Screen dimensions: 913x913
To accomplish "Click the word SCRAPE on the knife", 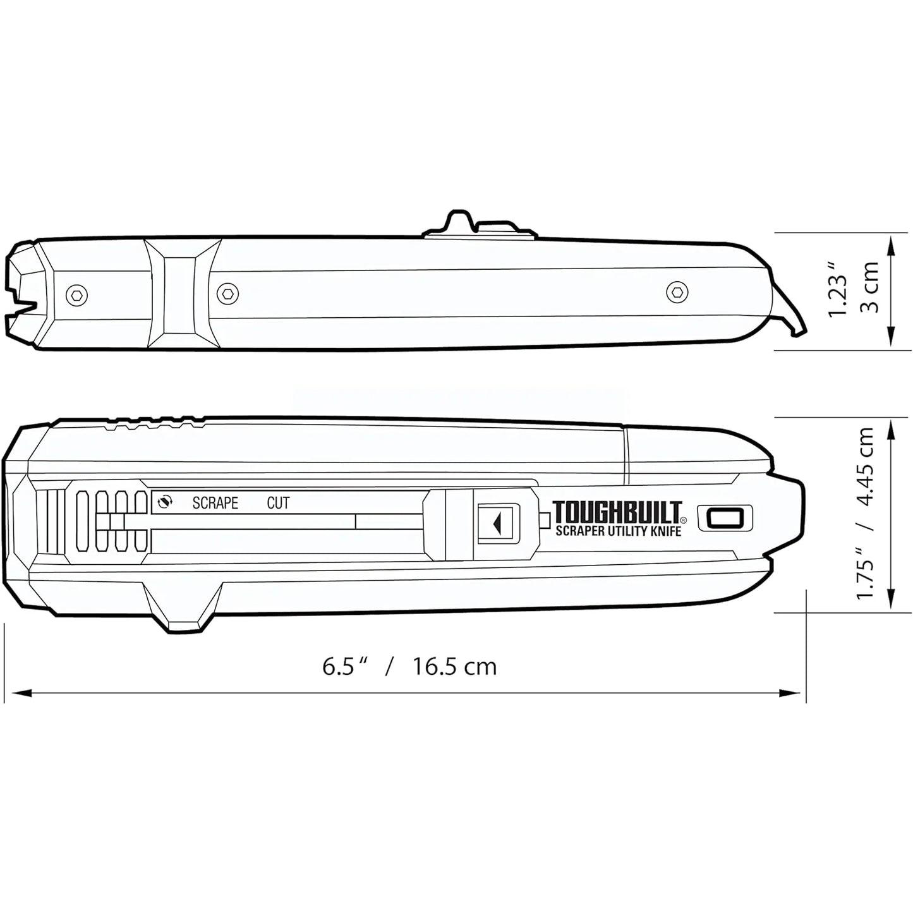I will pyautogui.click(x=215, y=503).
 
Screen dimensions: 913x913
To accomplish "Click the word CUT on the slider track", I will pyautogui.click(x=278, y=503).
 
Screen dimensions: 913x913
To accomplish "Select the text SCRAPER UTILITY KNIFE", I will pyautogui.click(x=618, y=531).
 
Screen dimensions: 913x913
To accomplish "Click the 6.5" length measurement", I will pyautogui.click(x=345, y=667).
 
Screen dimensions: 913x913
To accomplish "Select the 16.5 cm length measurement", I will pyautogui.click(x=455, y=667).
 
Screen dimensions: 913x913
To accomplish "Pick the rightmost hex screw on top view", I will pyautogui.click(x=676, y=291).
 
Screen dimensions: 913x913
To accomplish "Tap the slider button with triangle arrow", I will pyautogui.click(x=498, y=522).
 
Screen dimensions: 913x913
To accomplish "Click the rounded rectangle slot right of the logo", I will pyautogui.click(x=725, y=518).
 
